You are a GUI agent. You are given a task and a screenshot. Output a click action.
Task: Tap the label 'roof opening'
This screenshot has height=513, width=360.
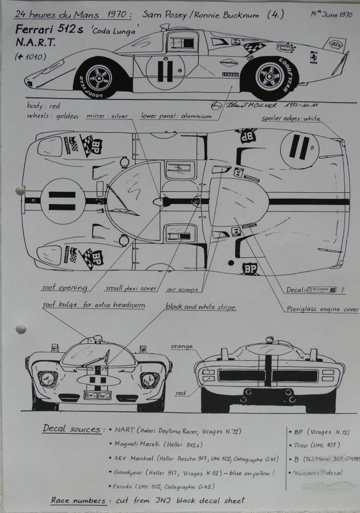click(x=65, y=288)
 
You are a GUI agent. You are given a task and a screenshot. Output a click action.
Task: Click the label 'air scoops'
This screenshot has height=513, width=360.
click(x=182, y=290)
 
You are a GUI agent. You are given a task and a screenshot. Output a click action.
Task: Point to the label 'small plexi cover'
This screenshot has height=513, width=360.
click(x=131, y=289)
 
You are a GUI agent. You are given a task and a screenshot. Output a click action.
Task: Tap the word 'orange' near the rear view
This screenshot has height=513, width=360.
click(x=182, y=346)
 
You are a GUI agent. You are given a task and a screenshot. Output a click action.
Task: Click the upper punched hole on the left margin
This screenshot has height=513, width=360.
click(x=20, y=190)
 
